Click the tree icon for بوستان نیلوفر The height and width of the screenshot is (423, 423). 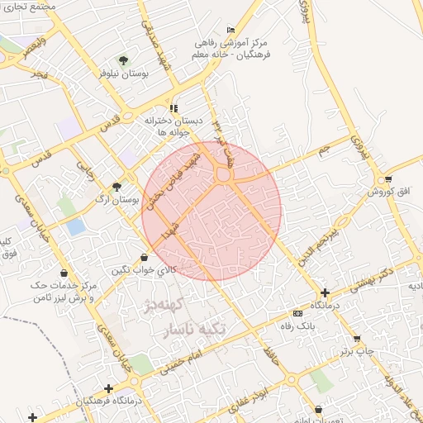coord(123,60)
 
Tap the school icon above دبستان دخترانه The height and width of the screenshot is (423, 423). coord(173,108)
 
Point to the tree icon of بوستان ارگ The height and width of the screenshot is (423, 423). coord(116,187)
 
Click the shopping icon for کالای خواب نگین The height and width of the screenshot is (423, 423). coord(145,257)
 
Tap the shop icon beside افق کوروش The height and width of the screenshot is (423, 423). coord(387,179)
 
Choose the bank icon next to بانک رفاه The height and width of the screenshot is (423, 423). coord(297,313)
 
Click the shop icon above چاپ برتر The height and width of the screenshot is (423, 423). coord(357,339)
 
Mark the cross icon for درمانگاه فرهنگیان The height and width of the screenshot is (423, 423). coord(108,388)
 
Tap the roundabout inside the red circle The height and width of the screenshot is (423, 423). coord(223,175)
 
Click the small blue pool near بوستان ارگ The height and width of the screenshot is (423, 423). coord(76,226)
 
